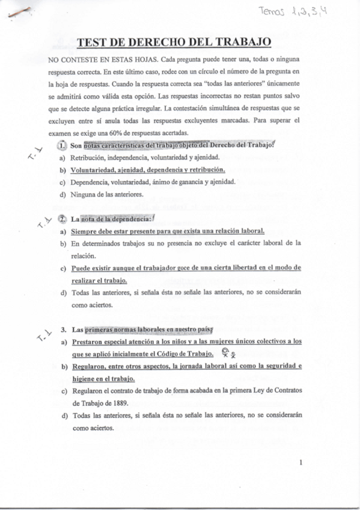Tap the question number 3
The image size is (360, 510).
pos(63,330)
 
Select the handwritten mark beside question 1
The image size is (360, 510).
pos(32,156)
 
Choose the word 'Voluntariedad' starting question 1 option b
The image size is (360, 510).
pos(94,170)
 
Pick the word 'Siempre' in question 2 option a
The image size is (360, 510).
pos(84,232)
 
